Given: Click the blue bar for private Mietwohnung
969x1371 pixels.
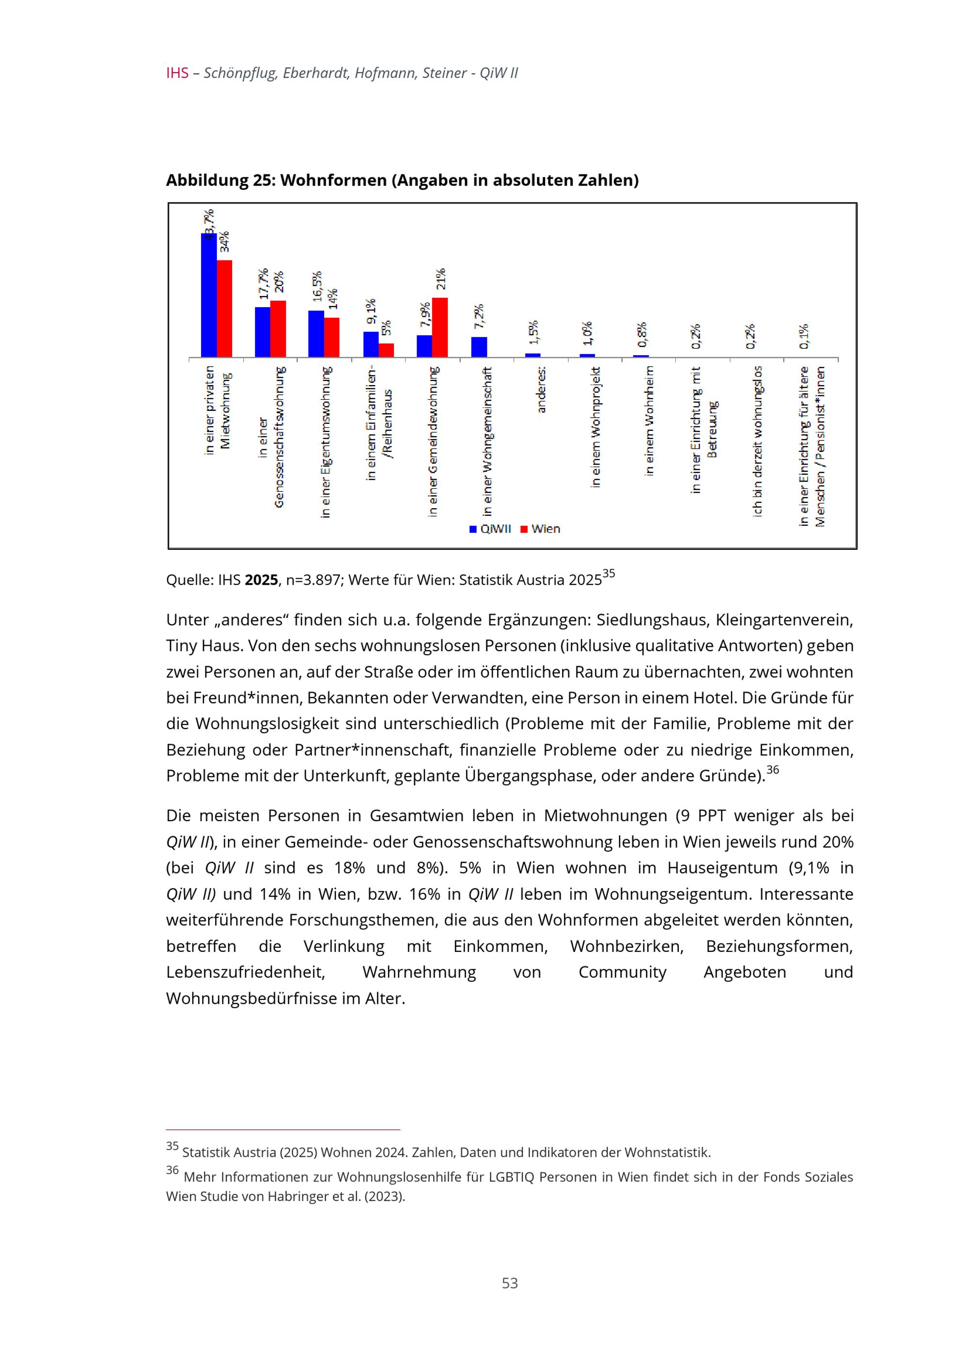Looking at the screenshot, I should pos(208,295).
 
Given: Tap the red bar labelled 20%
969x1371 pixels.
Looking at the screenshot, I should pos(278,329).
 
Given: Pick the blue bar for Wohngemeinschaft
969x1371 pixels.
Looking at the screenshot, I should pos(479,347).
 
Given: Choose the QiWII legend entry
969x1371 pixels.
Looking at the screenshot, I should pos(490,529).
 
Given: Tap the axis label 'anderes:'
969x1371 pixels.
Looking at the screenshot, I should pos(542,390).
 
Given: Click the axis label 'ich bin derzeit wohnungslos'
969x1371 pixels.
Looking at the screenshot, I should pos(758,441).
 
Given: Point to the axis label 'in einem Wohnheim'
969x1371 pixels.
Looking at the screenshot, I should pos(650,421).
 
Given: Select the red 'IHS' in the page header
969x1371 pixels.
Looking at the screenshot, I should pos(177,74).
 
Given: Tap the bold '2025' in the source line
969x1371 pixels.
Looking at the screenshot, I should pos(261,580).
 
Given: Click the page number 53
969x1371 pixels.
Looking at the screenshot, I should pos(510,1283).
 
